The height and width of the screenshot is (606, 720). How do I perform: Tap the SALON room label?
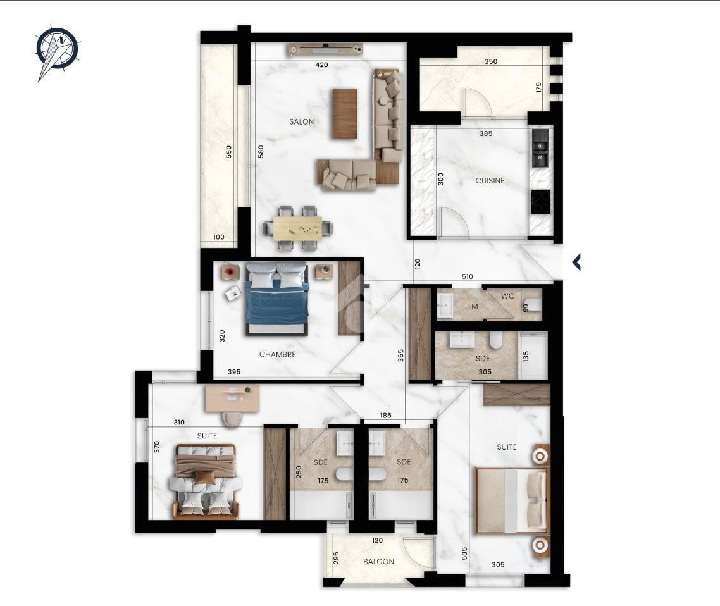(302, 121)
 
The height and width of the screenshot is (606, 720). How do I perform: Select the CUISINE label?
(490, 181)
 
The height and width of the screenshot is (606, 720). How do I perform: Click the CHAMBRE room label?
(277, 354)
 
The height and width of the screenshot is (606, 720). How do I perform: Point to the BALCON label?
(378, 562)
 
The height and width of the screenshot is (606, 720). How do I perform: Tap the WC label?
(507, 296)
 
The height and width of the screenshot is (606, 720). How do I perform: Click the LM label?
(473, 307)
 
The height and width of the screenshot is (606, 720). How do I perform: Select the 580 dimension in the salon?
(261, 152)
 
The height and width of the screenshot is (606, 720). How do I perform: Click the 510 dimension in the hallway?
(467, 276)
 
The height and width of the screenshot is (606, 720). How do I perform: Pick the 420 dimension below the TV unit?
(321, 65)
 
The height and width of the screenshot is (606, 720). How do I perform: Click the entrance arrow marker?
(576, 262)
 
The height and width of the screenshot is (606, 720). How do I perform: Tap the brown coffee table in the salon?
(344, 113)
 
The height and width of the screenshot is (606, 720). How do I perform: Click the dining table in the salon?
(297, 228)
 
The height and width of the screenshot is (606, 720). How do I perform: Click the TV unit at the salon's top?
(326, 49)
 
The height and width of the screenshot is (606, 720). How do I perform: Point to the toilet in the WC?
(533, 305)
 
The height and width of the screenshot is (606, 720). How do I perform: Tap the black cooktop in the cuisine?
(541, 202)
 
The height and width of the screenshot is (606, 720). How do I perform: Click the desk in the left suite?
(232, 399)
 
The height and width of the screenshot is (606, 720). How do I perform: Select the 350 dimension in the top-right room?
(491, 61)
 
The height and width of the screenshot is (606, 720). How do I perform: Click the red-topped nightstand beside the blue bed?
(230, 272)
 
